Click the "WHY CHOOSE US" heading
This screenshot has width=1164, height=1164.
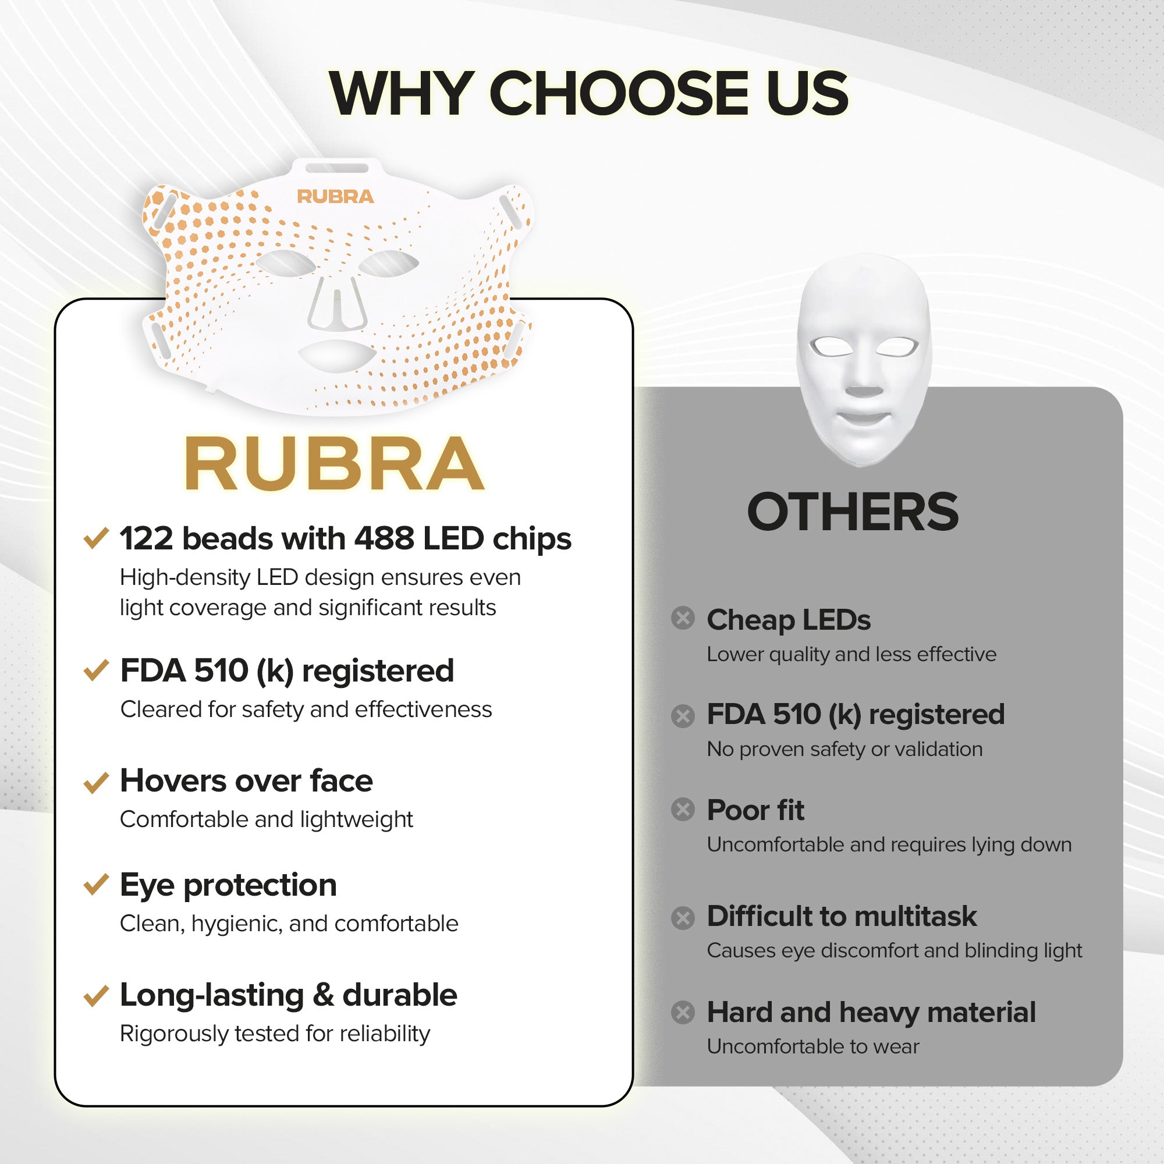pyautogui.click(x=588, y=93)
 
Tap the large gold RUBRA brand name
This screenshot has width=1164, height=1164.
pyautogui.click(x=333, y=464)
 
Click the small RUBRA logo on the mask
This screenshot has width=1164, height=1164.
pyautogui.click(x=335, y=196)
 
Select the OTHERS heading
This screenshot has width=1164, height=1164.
pyautogui.click(x=852, y=512)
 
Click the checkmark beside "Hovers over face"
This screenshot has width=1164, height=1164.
pyautogui.click(x=96, y=782)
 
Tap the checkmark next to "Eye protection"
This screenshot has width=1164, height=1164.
pyautogui.click(x=96, y=885)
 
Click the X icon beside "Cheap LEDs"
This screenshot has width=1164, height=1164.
pyautogui.click(x=683, y=618)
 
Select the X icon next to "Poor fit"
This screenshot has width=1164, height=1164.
pyautogui.click(x=683, y=809)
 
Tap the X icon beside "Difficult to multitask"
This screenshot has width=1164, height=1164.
pyautogui.click(x=683, y=918)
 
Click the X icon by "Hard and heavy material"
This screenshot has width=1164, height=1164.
pyautogui.click(x=683, y=1012)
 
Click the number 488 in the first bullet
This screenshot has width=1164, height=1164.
pyautogui.click(x=384, y=538)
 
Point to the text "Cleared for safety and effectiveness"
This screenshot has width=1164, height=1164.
pyautogui.click(x=306, y=709)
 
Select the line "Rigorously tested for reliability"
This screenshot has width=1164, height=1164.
pyautogui.click(x=275, y=1034)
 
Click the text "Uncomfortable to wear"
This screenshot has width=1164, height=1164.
pyautogui.click(x=812, y=1046)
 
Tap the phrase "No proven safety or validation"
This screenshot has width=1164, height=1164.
pyautogui.click(x=844, y=749)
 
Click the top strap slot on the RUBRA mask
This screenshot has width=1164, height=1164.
pyautogui.click(x=337, y=168)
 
